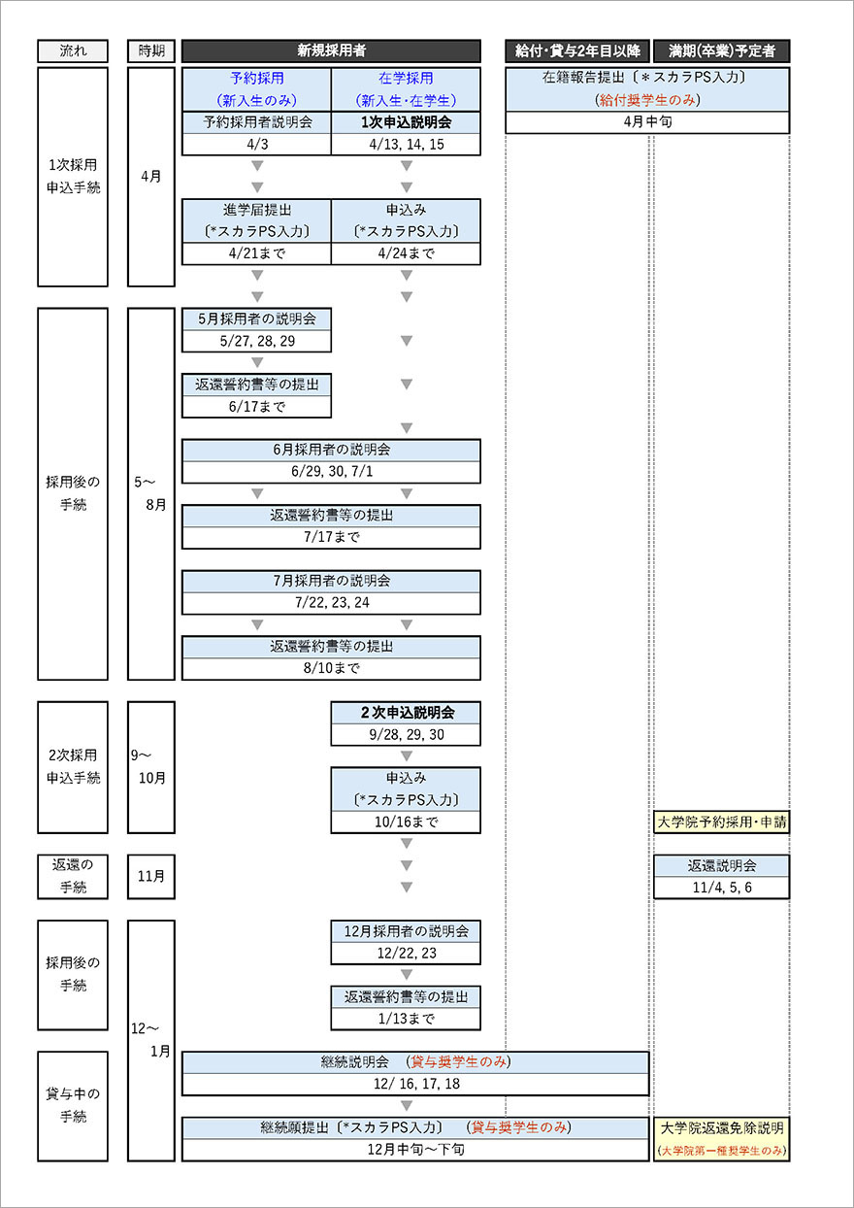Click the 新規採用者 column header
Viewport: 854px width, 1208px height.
click(x=331, y=51)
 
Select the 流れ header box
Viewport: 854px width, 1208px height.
click(x=73, y=51)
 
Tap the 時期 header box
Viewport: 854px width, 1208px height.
click(x=151, y=51)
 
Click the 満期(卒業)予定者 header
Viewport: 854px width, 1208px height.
click(x=721, y=51)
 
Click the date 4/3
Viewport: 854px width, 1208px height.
click(x=257, y=144)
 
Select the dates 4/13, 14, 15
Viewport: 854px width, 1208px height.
click(x=406, y=144)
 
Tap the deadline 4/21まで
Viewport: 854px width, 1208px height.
click(x=257, y=253)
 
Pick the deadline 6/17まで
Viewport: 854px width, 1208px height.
click(x=257, y=407)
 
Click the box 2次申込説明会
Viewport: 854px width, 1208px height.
click(x=406, y=713)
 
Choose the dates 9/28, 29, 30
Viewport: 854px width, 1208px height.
click(x=406, y=735)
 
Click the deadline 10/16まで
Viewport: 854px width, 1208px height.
click(x=406, y=822)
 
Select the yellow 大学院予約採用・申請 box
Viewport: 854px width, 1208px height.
click(x=721, y=822)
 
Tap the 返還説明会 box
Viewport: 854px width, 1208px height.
click(x=721, y=865)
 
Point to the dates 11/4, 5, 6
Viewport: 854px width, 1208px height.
click(x=721, y=888)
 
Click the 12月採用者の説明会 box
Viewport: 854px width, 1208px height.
click(x=406, y=931)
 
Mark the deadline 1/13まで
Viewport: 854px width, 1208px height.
click(x=406, y=1019)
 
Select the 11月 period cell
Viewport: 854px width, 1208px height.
click(x=151, y=877)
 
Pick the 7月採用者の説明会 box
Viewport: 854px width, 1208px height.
click(x=331, y=581)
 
